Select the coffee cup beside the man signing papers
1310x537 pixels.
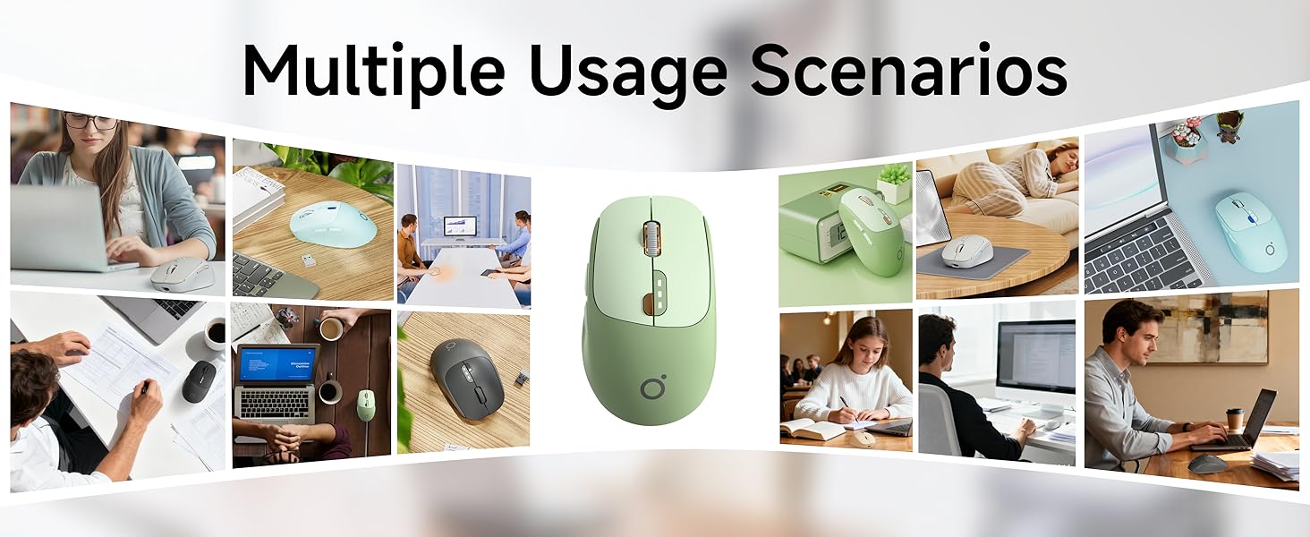pyautogui.click(x=215, y=334)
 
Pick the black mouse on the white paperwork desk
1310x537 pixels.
pyautogui.click(x=198, y=380)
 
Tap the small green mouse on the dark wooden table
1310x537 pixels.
pyautogui.click(x=366, y=405)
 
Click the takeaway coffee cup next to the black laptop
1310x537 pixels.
pyautogui.click(x=1235, y=419)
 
